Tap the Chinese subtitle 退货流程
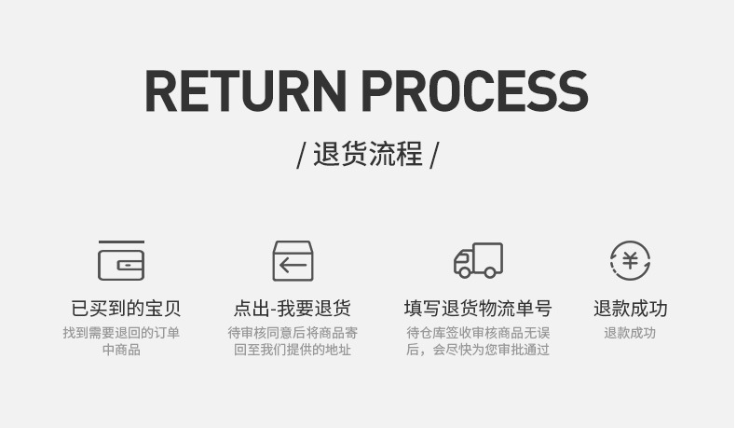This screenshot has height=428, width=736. (368, 154)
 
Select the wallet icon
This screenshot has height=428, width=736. (121, 260)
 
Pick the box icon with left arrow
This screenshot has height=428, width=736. (293, 260)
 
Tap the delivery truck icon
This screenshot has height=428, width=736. (478, 260)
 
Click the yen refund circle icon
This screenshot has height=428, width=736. (630, 260)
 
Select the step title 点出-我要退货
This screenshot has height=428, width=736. (293, 309)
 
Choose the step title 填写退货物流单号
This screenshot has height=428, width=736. (478, 309)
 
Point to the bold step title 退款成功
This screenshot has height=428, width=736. (630, 309)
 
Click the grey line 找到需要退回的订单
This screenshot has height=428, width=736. (121, 333)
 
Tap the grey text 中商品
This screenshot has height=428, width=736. (121, 350)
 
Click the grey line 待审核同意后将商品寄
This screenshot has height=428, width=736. (293, 333)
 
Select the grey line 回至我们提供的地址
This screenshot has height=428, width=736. (293, 350)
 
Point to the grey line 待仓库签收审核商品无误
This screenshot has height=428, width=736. (478, 333)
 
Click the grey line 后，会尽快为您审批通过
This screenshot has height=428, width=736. (478, 350)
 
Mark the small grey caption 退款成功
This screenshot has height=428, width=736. (630, 333)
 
